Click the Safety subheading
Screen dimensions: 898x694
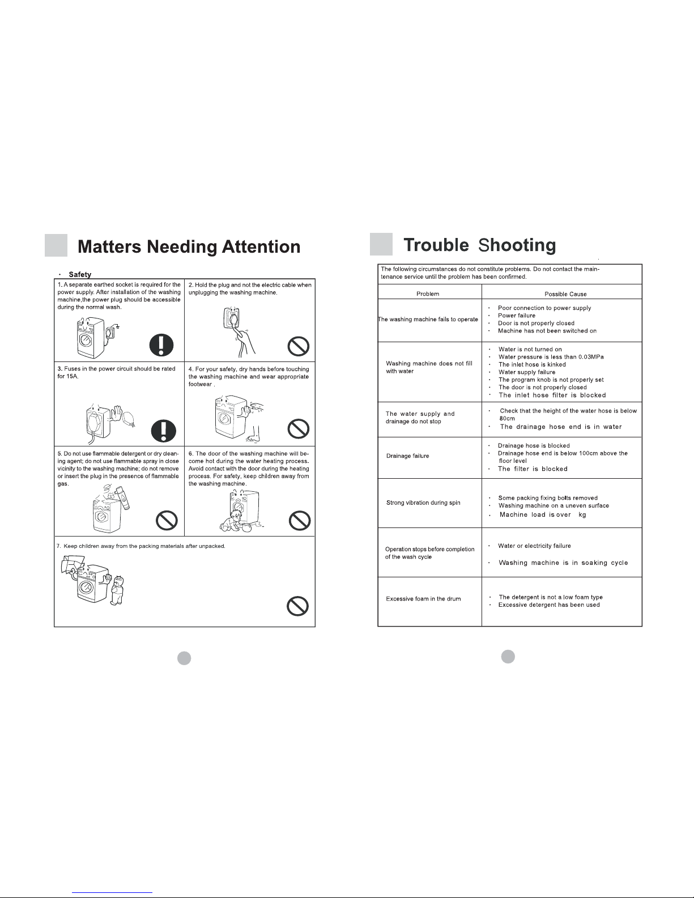pos(80,275)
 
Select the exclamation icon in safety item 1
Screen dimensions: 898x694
pos(162,345)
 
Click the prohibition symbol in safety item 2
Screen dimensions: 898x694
pos(299,346)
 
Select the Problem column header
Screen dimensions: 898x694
pos(428,294)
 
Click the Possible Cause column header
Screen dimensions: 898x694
pos(565,294)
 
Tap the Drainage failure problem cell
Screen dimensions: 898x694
pos(407,456)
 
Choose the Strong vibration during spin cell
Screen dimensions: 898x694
pos(423,503)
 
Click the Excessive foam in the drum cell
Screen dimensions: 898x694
pos(423,599)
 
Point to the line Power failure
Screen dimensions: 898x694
pos(516,316)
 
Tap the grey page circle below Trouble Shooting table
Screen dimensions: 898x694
pos(508,656)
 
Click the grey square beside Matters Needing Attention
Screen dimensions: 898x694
pos(56,246)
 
